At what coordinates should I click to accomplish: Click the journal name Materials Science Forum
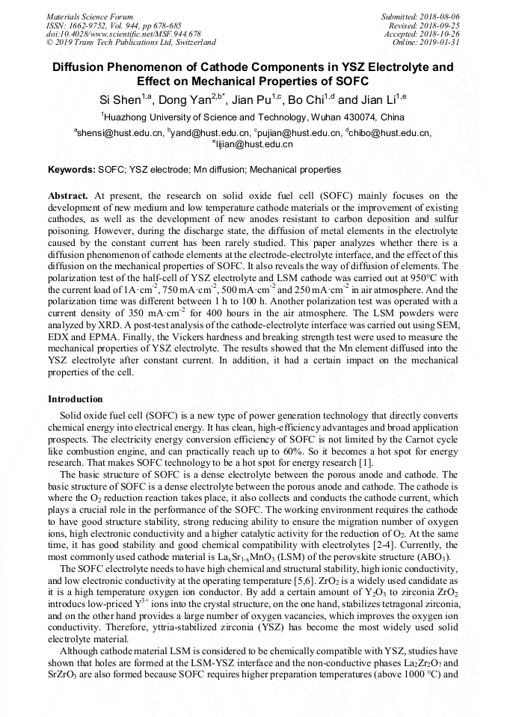(x=90, y=16)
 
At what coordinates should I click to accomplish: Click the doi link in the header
(x=123, y=34)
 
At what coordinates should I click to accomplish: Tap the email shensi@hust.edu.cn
(x=120, y=133)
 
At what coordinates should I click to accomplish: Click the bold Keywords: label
(x=72, y=170)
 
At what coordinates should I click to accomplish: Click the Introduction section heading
(x=75, y=399)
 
